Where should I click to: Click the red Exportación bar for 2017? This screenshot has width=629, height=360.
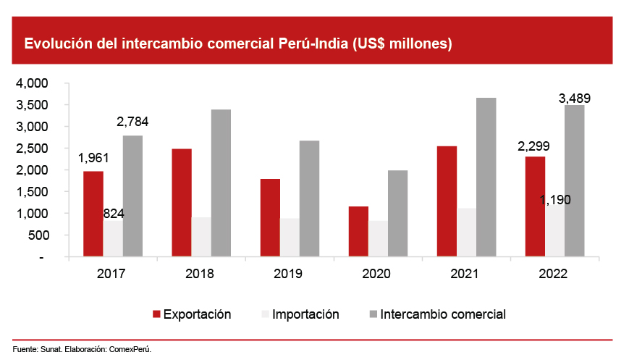[x=93, y=214]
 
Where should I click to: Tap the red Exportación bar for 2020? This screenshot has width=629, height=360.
[x=358, y=231]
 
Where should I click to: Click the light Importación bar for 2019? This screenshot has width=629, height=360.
[x=290, y=237]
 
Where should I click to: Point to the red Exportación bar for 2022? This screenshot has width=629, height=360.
[x=535, y=206]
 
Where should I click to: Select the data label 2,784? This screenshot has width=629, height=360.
[x=132, y=122]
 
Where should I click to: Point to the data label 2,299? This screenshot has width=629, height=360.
[x=535, y=146]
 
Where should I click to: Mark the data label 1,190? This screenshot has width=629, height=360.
[x=555, y=199]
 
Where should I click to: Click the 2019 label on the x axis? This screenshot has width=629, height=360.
[x=289, y=274]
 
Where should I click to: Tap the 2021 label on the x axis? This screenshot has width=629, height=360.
[x=465, y=274]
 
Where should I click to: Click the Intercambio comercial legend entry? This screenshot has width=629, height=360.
[x=442, y=314]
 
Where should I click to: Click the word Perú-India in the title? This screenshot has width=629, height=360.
[x=314, y=43]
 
